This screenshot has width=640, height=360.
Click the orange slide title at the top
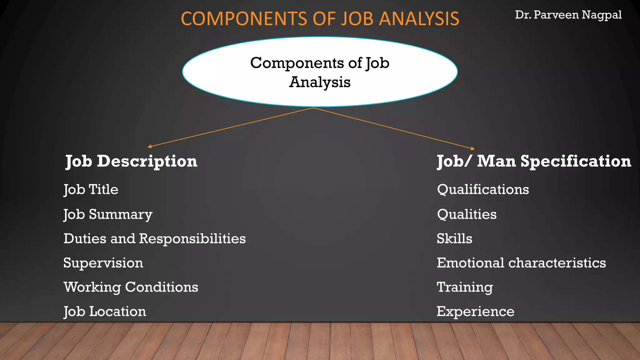(320, 19)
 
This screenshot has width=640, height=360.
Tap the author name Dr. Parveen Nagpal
(568, 15)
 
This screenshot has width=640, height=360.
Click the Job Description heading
(131, 161)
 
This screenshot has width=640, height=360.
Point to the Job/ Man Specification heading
(534, 161)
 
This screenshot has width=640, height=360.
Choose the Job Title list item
(91, 190)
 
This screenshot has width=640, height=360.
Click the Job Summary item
(108, 215)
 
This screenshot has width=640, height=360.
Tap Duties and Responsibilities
(154, 239)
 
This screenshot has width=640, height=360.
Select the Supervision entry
(103, 263)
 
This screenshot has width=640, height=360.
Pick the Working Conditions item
(131, 287)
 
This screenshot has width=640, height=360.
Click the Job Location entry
(105, 312)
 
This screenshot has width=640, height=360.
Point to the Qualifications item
(483, 190)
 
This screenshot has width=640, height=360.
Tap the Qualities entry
(467, 214)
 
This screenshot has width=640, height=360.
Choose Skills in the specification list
(454, 239)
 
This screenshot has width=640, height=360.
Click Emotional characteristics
(521, 263)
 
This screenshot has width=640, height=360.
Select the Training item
(465, 287)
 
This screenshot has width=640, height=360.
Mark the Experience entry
(475, 312)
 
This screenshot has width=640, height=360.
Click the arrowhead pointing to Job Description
(150, 146)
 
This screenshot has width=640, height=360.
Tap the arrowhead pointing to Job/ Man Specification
(473, 148)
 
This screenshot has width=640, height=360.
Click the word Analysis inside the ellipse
(320, 82)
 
